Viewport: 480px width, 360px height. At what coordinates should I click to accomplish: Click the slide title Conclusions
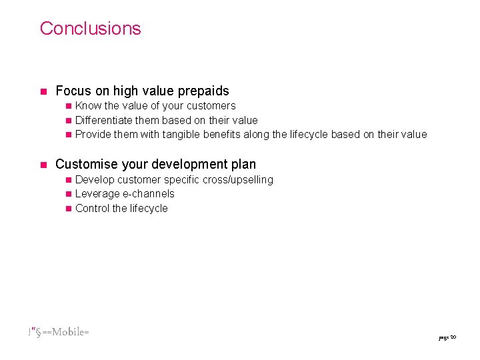click(x=90, y=28)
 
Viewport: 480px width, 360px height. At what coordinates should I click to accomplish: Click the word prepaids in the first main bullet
click(x=201, y=91)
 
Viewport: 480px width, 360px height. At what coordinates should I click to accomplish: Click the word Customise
click(x=87, y=164)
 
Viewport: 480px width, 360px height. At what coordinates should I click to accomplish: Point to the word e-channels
click(x=149, y=194)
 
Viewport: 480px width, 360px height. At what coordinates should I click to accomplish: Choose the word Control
click(x=93, y=209)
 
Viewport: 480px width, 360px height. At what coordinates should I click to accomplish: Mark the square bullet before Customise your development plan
click(x=42, y=165)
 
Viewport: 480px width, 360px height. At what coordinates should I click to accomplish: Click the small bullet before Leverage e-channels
click(x=68, y=195)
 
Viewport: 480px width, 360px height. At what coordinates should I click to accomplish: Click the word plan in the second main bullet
click(x=243, y=164)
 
